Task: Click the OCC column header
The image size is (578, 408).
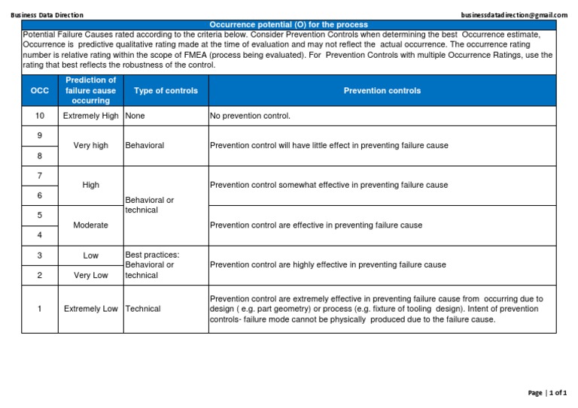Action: [x=39, y=90]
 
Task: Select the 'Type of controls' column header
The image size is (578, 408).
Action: [x=166, y=90]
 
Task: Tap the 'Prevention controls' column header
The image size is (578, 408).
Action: [x=382, y=90]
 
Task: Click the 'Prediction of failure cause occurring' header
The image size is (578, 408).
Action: [x=90, y=90]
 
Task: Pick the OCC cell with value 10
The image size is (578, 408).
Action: [x=39, y=116]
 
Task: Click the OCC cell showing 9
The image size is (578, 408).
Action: [x=39, y=135]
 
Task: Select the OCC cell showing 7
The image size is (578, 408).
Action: [x=39, y=175]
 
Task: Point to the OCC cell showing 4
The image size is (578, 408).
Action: [x=39, y=235]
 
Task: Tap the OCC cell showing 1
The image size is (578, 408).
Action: [x=39, y=308]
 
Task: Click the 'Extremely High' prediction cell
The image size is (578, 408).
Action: [x=90, y=116]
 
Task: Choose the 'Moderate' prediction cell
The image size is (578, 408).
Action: [x=90, y=225]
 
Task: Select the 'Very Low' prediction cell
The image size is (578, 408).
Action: [x=90, y=275]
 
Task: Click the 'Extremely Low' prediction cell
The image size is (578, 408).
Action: [x=90, y=308]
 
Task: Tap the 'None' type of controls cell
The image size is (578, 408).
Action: [x=135, y=116]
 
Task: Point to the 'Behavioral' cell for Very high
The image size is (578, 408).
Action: [x=144, y=145]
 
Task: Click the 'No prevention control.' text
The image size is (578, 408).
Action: [x=250, y=116]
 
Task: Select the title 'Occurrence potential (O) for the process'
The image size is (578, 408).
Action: [x=288, y=25]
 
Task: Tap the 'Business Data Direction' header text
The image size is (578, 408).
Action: [x=47, y=15]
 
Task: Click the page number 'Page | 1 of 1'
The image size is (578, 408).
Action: [x=547, y=393]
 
